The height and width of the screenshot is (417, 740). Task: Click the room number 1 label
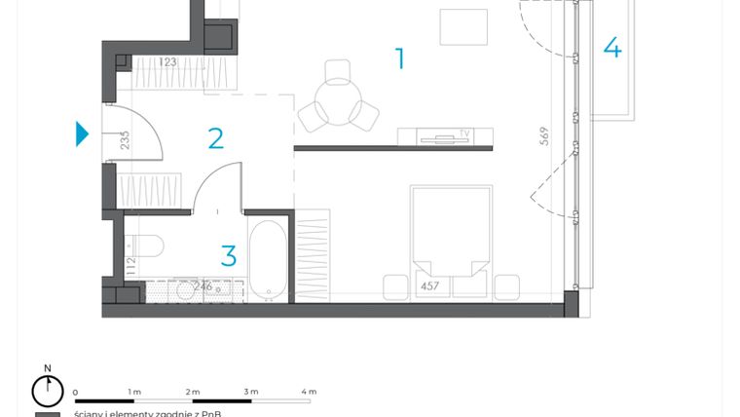click(x=399, y=59)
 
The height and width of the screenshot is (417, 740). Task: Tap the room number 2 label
click(x=215, y=137)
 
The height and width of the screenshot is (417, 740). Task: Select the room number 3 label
click(x=229, y=256)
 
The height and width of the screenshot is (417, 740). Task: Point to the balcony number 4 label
click(x=611, y=47)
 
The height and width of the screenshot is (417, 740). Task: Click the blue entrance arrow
click(x=83, y=133)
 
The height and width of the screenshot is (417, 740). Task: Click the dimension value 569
click(x=545, y=135)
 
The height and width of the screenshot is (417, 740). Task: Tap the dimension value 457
click(x=430, y=286)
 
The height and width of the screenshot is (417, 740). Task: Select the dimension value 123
click(x=167, y=62)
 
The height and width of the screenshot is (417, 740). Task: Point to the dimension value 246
click(x=202, y=286)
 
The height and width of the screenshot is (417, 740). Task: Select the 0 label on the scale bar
click(x=75, y=391)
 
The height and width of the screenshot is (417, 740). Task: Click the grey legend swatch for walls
click(x=47, y=414)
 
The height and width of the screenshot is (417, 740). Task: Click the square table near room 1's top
click(x=463, y=27)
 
